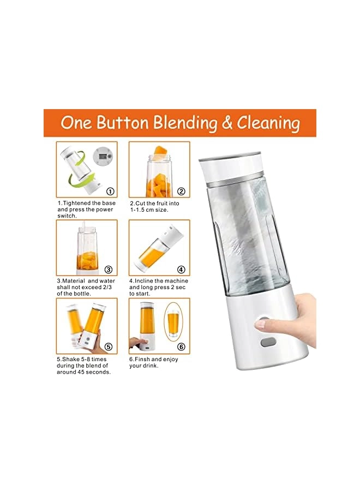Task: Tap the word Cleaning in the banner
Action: click(268, 123)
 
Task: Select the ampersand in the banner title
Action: click(226, 123)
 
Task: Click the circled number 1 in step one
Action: click(110, 191)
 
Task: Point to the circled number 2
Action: click(181, 191)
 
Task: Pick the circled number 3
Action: click(109, 270)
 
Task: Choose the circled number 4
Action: click(181, 270)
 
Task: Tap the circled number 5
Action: click(108, 346)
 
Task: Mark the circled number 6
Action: click(181, 347)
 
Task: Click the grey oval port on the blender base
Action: click(268, 343)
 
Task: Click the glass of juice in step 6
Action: click(173, 325)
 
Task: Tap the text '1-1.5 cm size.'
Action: click(148, 209)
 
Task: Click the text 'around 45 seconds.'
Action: click(84, 372)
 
